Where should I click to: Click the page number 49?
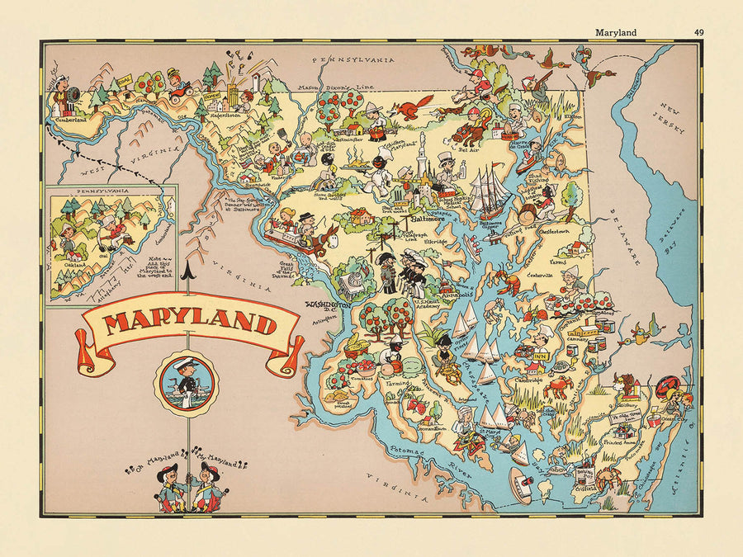click(x=699, y=33)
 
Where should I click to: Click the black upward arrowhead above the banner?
click(x=187, y=268)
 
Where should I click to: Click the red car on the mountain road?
click(x=179, y=91)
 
